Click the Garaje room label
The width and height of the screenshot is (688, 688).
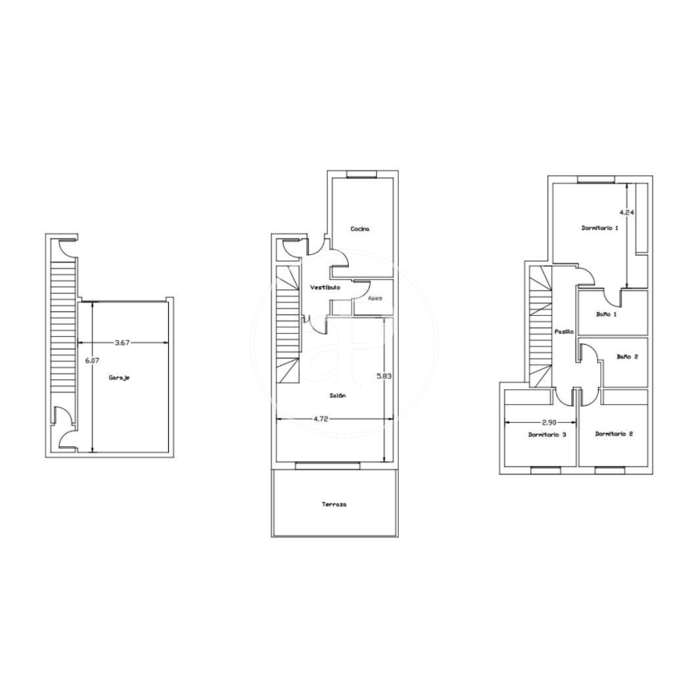120,378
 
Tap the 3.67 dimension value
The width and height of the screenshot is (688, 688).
122,342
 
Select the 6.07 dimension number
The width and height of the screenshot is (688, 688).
92,360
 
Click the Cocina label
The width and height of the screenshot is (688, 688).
360,228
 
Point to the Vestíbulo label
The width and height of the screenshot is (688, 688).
325,288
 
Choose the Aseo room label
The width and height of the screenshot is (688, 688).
374,299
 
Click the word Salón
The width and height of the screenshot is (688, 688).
338,396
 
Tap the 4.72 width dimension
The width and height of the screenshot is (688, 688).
321,418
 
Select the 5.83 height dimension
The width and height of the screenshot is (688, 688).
384,376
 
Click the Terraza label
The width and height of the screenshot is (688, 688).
335,504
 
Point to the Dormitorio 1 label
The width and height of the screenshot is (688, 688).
600,228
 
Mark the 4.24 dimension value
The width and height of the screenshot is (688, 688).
626,213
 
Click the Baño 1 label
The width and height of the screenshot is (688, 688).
607,314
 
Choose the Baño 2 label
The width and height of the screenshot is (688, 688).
627,357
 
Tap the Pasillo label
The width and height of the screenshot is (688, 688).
564,332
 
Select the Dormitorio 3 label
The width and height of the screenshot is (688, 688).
547,435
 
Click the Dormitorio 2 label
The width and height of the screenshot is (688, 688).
614,434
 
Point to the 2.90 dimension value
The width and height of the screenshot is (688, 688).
550,422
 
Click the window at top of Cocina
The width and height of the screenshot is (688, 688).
361,174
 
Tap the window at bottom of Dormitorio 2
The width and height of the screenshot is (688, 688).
610,471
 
